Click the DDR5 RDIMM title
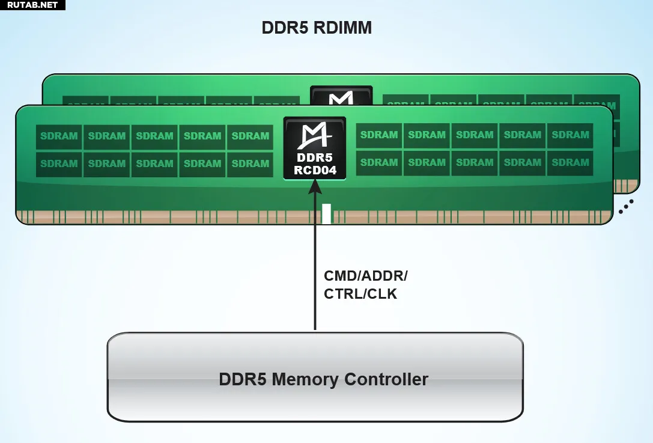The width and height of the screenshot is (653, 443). [317, 28]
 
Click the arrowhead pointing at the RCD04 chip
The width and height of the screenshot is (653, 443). [315, 188]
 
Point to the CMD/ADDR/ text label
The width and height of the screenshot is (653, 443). [366, 276]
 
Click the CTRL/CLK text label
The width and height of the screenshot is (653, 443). [360, 295]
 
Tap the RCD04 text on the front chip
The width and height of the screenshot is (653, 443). [315, 170]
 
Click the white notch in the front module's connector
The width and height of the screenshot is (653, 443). [326, 214]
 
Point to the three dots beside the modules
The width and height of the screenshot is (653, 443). [626, 207]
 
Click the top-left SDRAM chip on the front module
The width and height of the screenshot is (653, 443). [59, 136]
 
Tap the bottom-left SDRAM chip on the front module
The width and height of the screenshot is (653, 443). [59, 164]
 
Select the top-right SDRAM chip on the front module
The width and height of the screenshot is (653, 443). [570, 135]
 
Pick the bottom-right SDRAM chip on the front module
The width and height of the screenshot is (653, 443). [570, 163]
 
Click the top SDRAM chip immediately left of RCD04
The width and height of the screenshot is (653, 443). [250, 136]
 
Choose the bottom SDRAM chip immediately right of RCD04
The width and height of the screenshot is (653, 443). [379, 163]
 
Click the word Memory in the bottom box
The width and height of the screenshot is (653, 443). [306, 380]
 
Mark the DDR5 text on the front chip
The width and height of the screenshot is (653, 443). [315, 158]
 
